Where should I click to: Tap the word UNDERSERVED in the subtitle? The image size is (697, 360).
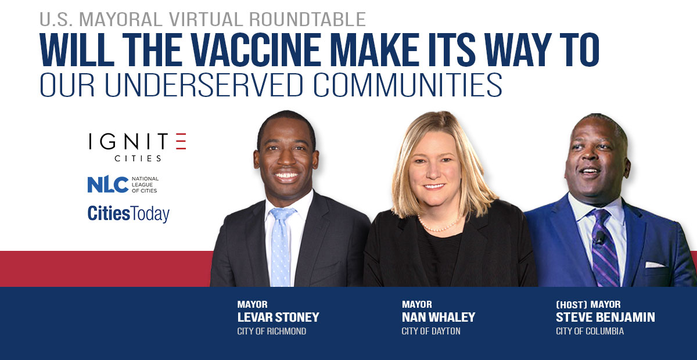(203, 85)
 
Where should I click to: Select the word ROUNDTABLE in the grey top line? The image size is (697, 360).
(307, 19)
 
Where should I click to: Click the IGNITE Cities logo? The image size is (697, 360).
(138, 147)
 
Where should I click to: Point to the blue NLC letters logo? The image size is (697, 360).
(107, 185)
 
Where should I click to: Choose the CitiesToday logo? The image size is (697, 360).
(128, 214)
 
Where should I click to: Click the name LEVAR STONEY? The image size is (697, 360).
(278, 318)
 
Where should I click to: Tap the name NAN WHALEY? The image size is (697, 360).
(439, 318)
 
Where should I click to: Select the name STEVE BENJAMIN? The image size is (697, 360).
(605, 318)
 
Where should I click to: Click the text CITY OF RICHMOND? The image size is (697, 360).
(272, 331)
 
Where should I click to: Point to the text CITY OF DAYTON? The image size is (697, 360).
(431, 331)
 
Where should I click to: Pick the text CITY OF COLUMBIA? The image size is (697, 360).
(590, 331)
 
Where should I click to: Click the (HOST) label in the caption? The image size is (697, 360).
(572, 304)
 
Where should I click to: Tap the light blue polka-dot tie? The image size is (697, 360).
(281, 246)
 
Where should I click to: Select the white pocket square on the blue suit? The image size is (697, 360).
(655, 265)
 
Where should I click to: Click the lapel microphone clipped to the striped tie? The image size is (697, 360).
(598, 239)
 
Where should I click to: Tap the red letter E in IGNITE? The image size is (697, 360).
(181, 141)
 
